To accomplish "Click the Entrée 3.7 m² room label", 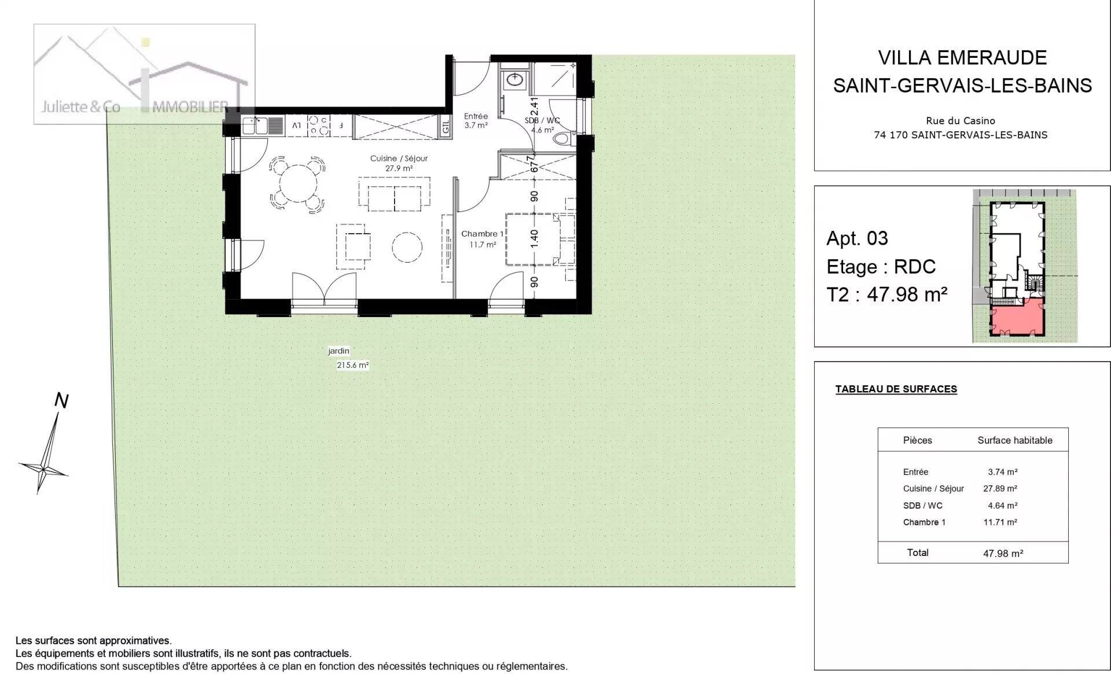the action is [476, 120].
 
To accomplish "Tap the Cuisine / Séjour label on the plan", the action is [399, 159].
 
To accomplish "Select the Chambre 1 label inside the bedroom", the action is [482, 234].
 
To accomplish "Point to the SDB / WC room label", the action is [542, 120].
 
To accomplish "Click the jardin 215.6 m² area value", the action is [352, 365].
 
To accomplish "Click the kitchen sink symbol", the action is [256, 126].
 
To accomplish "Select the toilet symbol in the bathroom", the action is [562, 139].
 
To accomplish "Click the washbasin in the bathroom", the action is [514, 80].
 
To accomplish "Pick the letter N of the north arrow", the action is [61, 400].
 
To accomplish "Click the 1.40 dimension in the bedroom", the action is [534, 238].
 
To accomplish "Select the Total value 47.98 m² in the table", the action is [1003, 553].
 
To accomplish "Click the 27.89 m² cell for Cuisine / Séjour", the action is [1000, 488].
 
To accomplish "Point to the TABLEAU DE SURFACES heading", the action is [896, 389].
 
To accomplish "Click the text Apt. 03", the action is [857, 238].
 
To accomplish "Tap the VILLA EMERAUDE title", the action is [962, 58].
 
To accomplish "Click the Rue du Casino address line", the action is [961, 121].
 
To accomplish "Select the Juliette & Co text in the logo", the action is [80, 106].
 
